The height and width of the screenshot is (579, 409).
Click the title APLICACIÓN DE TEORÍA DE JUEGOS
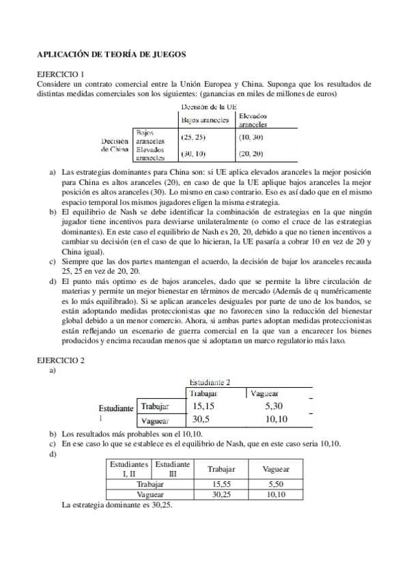point(111,53)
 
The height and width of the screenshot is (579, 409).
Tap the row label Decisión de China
point(115,144)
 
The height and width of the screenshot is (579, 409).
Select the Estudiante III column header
point(169,468)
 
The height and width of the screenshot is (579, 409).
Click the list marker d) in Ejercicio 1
point(53,281)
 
